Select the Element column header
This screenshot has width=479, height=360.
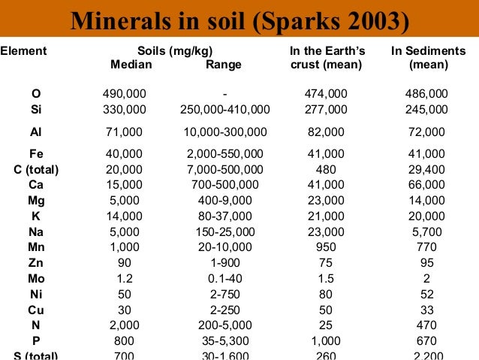(23, 51)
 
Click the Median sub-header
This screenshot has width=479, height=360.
(131, 65)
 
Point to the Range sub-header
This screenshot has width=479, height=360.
(224, 65)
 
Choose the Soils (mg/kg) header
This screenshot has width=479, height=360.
(177, 51)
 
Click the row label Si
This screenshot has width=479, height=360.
(36, 109)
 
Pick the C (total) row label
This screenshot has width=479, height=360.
(36, 169)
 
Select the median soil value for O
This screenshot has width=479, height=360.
(125, 94)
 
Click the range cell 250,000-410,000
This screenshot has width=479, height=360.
(225, 109)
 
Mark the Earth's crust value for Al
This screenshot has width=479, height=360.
(326, 132)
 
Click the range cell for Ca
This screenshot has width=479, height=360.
(225, 184)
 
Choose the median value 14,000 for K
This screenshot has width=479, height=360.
(125, 216)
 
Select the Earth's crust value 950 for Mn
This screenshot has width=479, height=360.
(326, 247)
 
